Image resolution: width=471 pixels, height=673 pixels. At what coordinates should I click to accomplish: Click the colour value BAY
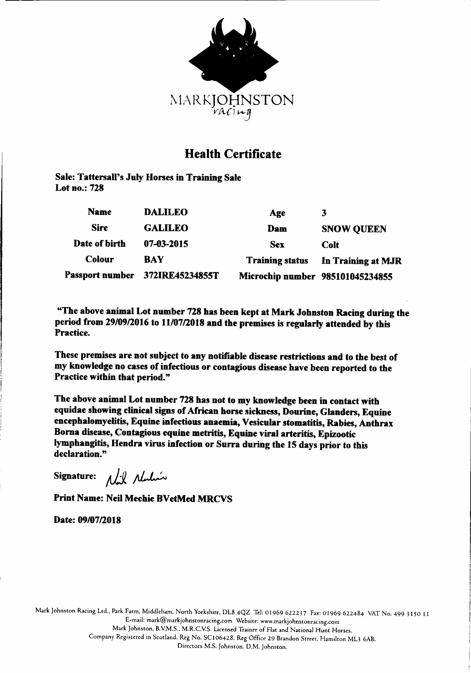154,259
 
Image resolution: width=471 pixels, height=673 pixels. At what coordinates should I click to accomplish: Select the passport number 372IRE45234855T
181,276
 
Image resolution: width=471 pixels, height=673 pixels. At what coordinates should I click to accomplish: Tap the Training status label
277,261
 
